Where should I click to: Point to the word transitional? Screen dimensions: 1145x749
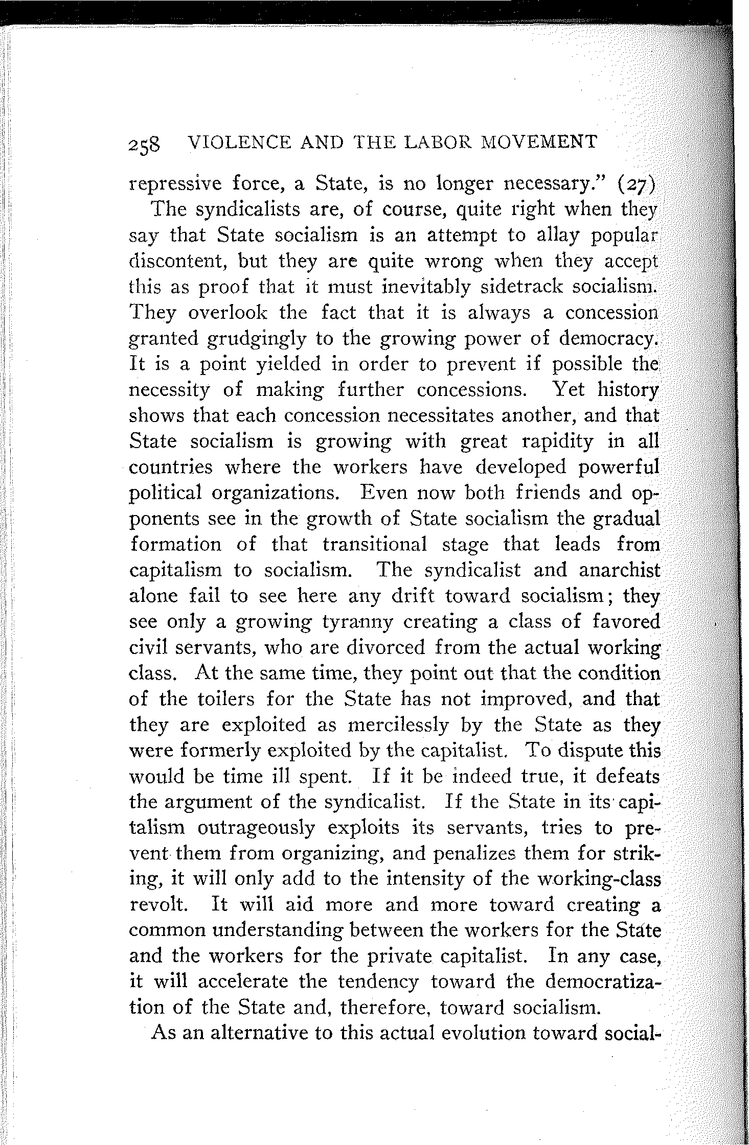(375, 544)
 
